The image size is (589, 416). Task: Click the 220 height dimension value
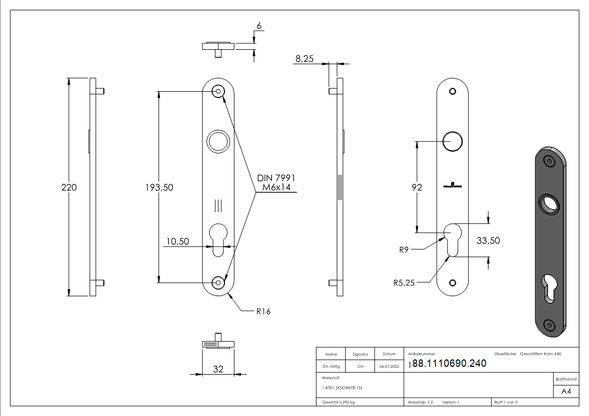coord(69,187)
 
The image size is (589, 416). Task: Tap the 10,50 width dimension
coord(177,242)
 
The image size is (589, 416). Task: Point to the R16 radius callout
coord(263,311)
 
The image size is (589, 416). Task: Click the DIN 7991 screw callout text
coord(276,178)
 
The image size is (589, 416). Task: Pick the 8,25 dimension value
coord(304,59)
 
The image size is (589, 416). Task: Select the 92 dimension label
coord(416,187)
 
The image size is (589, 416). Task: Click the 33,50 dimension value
coord(488,240)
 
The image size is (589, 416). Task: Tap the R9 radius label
coord(403,250)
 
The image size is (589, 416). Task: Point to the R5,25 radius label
coord(404,283)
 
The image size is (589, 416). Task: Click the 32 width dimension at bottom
coord(218,369)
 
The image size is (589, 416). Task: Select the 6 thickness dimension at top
coord(259,26)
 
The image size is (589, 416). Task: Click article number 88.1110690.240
coord(449,364)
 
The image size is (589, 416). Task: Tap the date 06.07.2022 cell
coord(389,367)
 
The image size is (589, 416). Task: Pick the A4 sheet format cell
coord(566,391)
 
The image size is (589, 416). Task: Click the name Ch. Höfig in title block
coord(331,367)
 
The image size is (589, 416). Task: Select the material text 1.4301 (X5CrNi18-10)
coord(342,388)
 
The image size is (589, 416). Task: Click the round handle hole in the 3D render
coord(549,204)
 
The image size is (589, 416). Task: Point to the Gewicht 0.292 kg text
coord(338,402)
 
